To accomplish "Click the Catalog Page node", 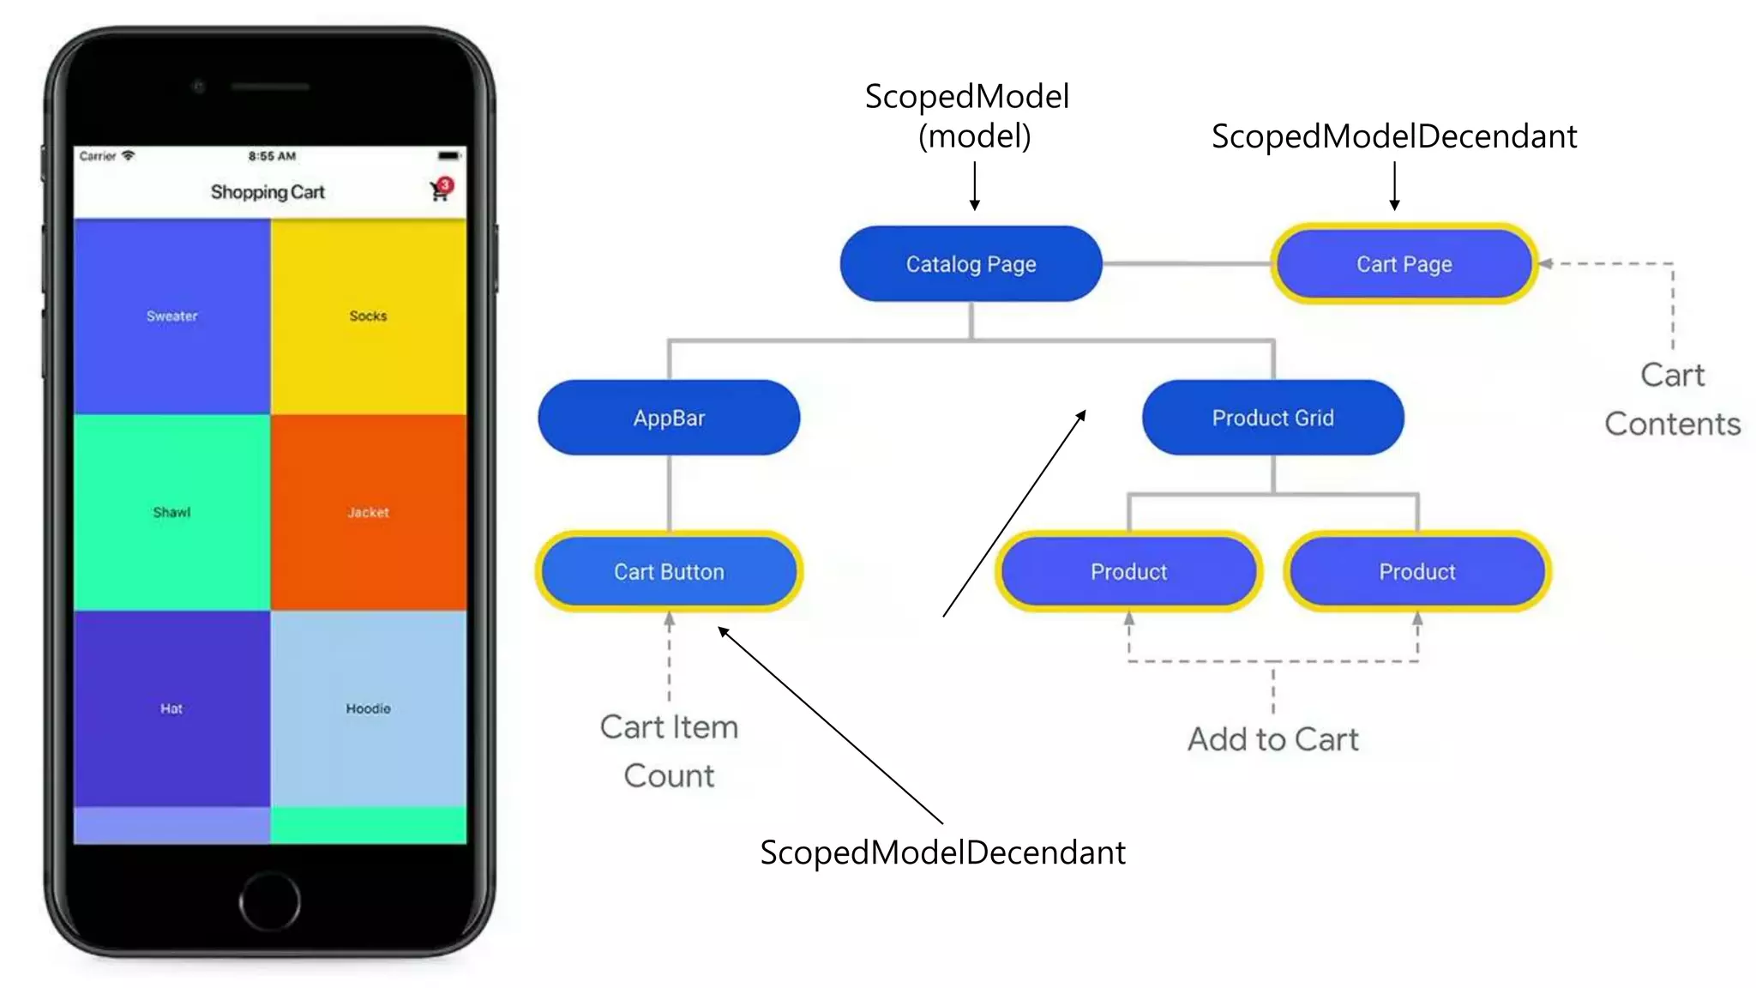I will coord(971,264).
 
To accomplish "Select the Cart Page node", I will coord(1404,264).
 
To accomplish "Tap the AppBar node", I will coord(669,418).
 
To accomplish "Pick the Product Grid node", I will coord(1272,418).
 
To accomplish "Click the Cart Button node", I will coord(669,571).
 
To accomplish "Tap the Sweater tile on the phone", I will coord(171,316).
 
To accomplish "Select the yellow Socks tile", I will coord(368,316).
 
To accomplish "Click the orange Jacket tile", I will coord(368,512).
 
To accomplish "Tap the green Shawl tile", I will coord(171,512).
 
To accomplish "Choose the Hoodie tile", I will coord(368,708).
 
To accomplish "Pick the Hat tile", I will coord(171,708).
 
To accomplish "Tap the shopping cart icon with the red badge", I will coord(440,190).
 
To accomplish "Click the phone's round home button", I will coord(269,901).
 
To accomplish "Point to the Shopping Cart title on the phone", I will coord(268,192).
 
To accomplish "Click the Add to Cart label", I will coord(1272,739).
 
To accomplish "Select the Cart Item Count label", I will coord(669,750).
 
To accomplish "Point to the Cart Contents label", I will coord(1672,400).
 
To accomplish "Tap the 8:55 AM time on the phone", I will coord(272,156).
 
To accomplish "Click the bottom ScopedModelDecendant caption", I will coord(942,852).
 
